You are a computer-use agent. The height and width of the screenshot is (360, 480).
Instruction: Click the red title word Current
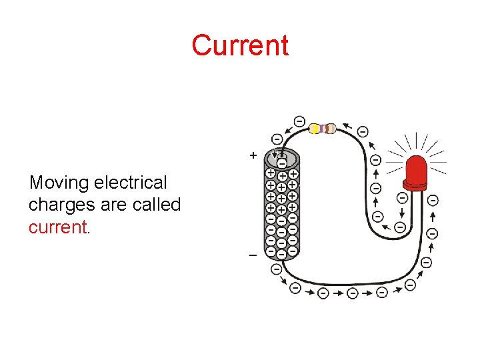240,45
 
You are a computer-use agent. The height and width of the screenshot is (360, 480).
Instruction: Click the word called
157,205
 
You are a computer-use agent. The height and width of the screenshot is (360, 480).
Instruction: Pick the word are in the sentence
111,205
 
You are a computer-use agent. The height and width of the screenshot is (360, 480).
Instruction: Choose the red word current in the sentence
57,227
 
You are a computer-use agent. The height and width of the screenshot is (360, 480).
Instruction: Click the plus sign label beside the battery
253,155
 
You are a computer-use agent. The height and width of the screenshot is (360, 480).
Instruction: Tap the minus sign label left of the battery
253,255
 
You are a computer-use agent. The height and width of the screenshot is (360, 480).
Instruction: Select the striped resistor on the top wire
324,129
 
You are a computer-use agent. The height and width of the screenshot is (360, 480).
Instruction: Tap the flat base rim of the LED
415,184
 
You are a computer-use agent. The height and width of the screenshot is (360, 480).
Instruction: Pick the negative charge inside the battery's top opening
282,163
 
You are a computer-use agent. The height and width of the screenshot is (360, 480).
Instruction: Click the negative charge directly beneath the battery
276,270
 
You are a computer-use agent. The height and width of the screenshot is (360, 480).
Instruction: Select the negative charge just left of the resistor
299,121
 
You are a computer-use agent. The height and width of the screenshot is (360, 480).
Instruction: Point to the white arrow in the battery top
274,156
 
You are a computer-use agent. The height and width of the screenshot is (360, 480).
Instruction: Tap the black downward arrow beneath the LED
402,212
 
